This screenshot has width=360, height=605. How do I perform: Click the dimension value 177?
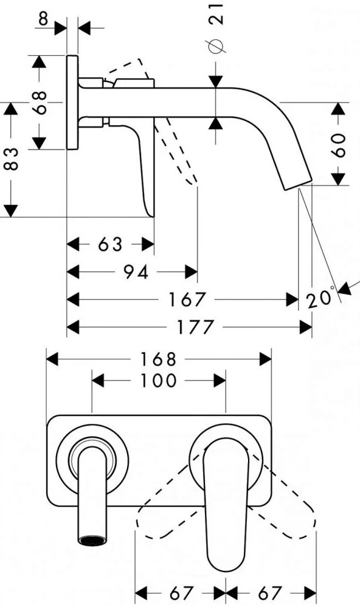[195, 327]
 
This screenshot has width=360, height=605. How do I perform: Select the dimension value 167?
[187, 299]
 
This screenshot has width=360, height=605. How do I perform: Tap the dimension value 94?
[136, 272]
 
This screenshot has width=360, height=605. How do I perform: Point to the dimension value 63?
[110, 244]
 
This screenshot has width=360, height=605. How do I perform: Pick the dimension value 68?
[40, 102]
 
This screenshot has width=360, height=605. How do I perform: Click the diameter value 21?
[216, 14]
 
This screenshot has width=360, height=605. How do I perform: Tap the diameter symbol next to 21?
[216, 46]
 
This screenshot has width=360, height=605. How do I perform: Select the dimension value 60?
[339, 145]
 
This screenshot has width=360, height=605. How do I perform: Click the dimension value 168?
[158, 359]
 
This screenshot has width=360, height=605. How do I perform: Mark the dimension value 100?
[158, 381]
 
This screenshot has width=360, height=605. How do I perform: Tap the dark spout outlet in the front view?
[92, 540]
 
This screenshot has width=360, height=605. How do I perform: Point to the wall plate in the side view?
[72, 102]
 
